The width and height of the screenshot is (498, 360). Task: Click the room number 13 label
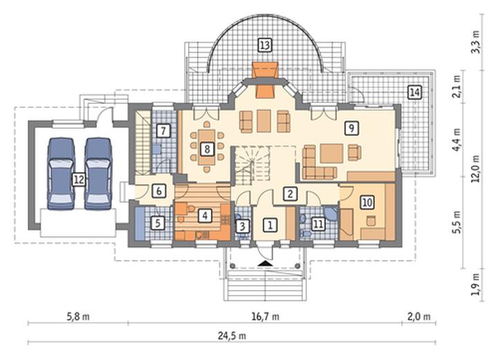pyautogui.click(x=264, y=45)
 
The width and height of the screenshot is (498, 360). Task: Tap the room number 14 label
pyautogui.click(x=414, y=93)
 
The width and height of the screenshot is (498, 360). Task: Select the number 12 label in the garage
pyautogui.click(x=79, y=180)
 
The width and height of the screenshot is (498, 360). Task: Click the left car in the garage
pyautogui.click(x=60, y=173)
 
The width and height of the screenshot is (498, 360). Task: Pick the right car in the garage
pyautogui.click(x=98, y=173)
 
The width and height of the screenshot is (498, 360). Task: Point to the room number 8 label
pyautogui.click(x=207, y=149)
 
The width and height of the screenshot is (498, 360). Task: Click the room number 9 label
pyautogui.click(x=351, y=128)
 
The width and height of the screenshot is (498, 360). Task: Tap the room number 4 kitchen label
pyautogui.click(x=205, y=216)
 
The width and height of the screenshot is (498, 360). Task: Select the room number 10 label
pyautogui.click(x=367, y=202)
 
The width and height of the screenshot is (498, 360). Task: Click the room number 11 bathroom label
pyautogui.click(x=318, y=224)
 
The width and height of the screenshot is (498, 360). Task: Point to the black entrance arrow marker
pyautogui.click(x=265, y=263)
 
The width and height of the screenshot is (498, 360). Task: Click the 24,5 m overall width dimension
pyautogui.click(x=232, y=336)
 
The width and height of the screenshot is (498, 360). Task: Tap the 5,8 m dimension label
pyautogui.click(x=77, y=317)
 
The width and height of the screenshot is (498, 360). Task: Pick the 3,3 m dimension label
pyautogui.click(x=475, y=42)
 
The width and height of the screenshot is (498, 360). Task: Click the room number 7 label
pyautogui.click(x=163, y=131)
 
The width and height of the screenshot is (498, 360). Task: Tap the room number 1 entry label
pyautogui.click(x=270, y=225)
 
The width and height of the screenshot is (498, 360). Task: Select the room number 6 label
pyautogui.click(x=159, y=191)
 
